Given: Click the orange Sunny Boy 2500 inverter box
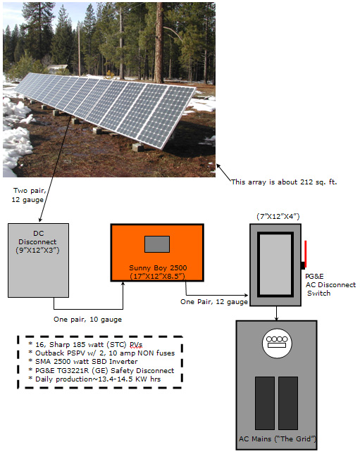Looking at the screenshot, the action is [157, 253].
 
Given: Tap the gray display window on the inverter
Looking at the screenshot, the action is [157, 244].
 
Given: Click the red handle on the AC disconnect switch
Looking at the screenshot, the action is [305, 253].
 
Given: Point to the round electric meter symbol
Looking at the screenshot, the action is [277, 343].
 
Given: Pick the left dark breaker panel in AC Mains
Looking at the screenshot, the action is [265, 403].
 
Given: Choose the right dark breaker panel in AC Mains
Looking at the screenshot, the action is [288, 403].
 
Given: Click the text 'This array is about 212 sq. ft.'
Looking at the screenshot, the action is [284, 182].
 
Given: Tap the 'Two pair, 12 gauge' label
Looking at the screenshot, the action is [28, 195].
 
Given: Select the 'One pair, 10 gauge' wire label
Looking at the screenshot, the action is [87, 320].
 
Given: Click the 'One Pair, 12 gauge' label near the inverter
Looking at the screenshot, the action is [214, 302].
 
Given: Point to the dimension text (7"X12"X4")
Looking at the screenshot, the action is [278, 216].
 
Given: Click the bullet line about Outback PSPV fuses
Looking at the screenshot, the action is [101, 353].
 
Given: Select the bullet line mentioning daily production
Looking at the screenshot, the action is [94, 379].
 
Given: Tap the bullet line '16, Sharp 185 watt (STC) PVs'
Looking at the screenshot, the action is [85, 345].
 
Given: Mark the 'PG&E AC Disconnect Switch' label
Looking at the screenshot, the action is [330, 284].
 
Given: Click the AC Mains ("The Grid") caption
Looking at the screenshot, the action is [277, 439].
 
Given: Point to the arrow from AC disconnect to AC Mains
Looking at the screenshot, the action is [277, 313].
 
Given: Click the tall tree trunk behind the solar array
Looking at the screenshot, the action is [159, 43].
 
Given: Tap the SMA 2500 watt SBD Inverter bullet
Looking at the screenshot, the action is [83, 362].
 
